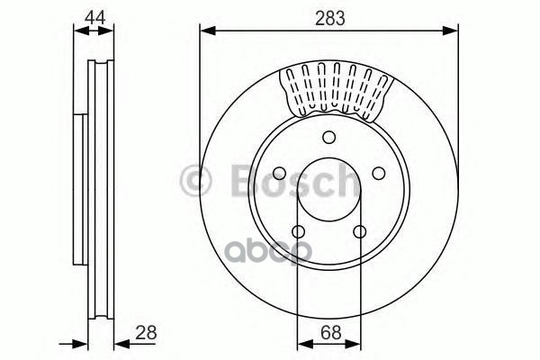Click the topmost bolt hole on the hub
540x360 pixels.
pyautogui.click(x=328, y=137)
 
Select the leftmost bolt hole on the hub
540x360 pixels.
pyautogui.click(x=279, y=174)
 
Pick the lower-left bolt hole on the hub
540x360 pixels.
pyautogui.click(x=298, y=232)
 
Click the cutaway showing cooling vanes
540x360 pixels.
pyautogui.click(x=337, y=90)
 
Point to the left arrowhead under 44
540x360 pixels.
pyautogui.click(x=77, y=32)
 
